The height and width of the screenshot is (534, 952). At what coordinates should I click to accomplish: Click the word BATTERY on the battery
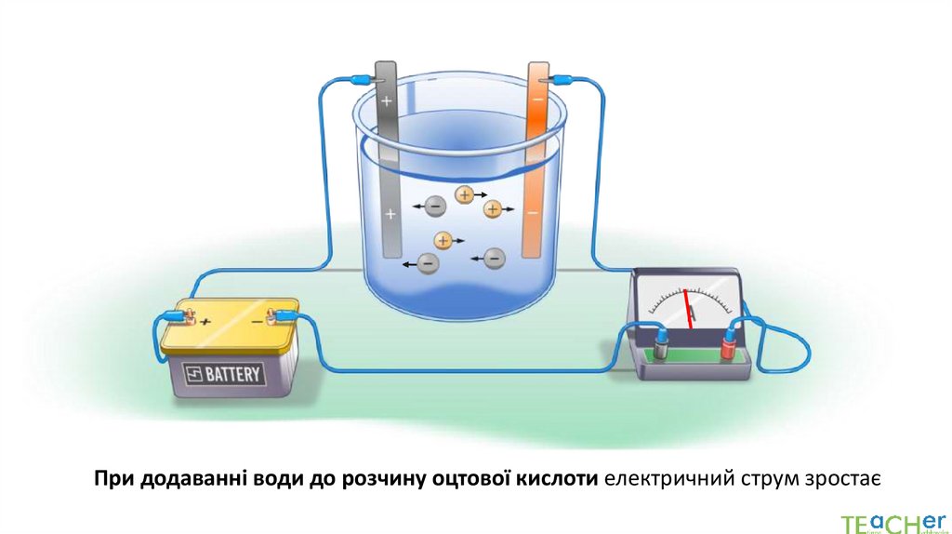pos(234,375)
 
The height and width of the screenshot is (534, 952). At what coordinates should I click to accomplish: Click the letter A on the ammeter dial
pos(692,318)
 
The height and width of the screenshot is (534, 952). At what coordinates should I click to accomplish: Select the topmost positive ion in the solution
pos(464,194)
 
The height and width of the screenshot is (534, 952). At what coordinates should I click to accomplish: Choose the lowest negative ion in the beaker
pos(427,263)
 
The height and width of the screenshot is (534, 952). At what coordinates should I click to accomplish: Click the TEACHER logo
pos(892,522)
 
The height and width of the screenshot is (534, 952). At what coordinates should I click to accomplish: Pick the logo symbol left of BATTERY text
pos(194,375)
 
